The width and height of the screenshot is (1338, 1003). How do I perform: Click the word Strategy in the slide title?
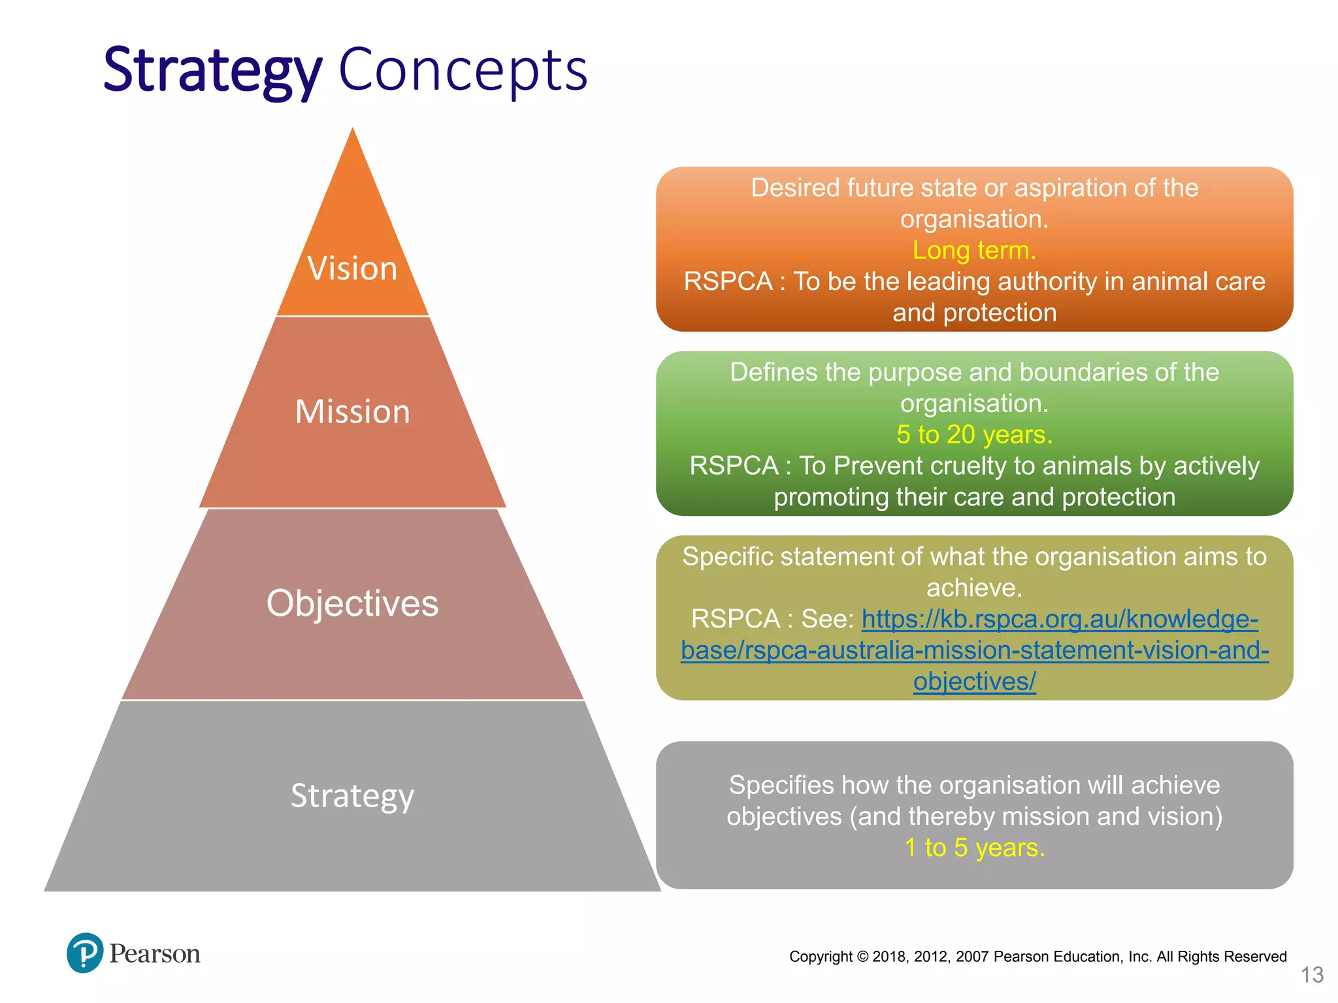(212, 71)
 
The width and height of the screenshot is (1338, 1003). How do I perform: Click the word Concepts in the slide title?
(463, 71)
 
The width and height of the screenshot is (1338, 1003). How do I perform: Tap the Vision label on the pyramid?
(352, 268)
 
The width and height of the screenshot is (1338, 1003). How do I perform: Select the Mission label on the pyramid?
(352, 412)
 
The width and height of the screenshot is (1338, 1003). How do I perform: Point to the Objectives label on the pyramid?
(352, 603)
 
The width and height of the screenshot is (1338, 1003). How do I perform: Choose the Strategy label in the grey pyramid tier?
(352, 795)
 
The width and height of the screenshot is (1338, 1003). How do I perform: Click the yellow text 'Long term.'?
(974, 250)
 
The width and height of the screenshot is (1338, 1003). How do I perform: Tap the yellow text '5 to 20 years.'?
(974, 434)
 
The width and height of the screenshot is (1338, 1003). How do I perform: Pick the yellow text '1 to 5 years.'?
(974, 848)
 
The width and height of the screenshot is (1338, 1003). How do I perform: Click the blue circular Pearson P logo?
(85, 953)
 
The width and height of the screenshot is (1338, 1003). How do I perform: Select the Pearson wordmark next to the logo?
(155, 954)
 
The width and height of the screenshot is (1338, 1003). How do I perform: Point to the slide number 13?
(1312, 975)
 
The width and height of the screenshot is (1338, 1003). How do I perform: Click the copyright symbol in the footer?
(862, 957)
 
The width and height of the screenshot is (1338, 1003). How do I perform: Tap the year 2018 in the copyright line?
(889, 957)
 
